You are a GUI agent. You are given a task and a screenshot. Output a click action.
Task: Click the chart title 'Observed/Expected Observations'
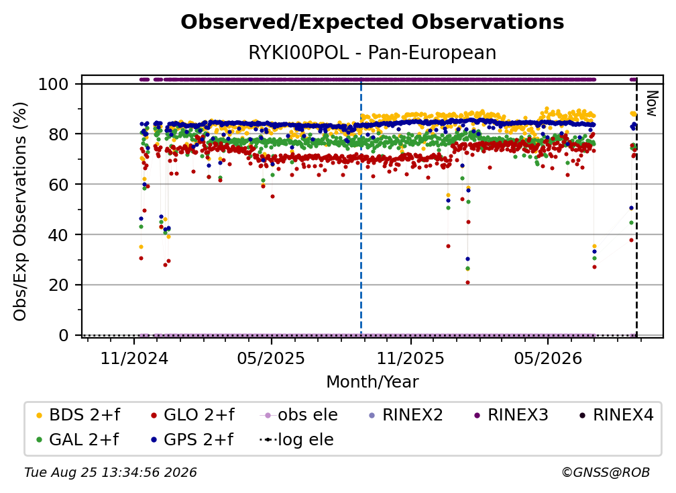(372, 22)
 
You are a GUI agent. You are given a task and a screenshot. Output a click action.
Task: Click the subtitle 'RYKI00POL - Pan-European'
(372, 52)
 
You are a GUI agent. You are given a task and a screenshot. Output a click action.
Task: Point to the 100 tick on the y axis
(54, 84)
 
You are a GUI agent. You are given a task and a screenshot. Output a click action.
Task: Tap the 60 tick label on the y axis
(58, 184)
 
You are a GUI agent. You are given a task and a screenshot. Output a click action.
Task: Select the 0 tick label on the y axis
(64, 335)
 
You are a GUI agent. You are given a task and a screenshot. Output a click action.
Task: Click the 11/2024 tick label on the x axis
(134, 358)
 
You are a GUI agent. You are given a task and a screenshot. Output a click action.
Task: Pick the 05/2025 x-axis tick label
(271, 358)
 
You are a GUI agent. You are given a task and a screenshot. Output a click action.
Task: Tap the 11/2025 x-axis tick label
(410, 358)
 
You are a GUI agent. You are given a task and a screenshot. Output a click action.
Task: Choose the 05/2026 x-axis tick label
(548, 358)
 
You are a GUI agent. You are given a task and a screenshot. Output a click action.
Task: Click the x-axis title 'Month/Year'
(372, 382)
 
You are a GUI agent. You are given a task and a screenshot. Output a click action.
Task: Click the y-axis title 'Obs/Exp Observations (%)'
(20, 212)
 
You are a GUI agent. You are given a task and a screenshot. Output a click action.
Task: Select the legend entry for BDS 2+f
(78, 415)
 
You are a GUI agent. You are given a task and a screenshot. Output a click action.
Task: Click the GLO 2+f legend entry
(192, 415)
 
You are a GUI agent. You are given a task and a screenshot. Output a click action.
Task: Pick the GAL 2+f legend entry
(77, 440)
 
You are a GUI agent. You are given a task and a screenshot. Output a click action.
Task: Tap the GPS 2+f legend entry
(192, 440)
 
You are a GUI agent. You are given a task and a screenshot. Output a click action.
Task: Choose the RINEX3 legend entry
(511, 415)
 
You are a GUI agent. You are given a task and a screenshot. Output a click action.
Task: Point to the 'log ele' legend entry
(296, 440)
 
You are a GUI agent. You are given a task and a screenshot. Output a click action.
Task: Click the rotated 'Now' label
(651, 103)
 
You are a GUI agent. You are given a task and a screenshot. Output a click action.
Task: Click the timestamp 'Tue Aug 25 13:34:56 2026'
(111, 473)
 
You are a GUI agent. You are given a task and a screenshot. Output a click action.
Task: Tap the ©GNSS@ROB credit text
(606, 473)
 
